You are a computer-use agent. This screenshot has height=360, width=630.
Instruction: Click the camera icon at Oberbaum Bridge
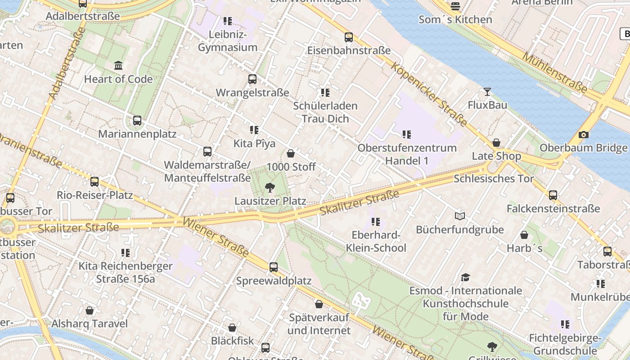tap(583, 135)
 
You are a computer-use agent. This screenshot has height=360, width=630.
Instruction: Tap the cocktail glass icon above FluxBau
tap(487, 92)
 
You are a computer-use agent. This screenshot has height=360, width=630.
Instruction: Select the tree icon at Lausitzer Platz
tap(270, 187)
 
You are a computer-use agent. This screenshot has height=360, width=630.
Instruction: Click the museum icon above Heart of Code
tap(118, 66)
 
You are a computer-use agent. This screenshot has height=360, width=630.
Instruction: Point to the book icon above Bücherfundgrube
tap(459, 216)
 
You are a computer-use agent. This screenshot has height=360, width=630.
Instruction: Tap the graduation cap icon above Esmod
tap(465, 277)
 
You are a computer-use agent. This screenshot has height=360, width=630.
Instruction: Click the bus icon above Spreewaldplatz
tap(274, 267)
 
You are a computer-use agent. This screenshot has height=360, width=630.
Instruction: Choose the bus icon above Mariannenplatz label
tap(137, 121)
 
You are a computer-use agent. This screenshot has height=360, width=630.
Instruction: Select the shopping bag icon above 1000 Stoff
tap(291, 153)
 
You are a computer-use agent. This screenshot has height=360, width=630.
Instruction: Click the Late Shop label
tap(496, 156)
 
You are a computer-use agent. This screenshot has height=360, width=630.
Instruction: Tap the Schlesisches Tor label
tap(494, 179)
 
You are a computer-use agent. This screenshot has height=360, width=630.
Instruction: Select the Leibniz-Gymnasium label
tap(228, 41)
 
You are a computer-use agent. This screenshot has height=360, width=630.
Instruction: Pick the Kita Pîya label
tap(254, 144)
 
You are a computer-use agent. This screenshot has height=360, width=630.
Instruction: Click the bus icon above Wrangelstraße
tap(252, 79)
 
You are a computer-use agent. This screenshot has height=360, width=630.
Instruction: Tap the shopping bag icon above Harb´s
tap(524, 235)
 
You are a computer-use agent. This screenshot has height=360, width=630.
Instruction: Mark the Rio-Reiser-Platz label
tap(94, 195)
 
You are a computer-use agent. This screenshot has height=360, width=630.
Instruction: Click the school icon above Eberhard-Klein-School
tap(376, 221)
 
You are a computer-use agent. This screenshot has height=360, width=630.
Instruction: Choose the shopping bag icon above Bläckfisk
tap(232, 328)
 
